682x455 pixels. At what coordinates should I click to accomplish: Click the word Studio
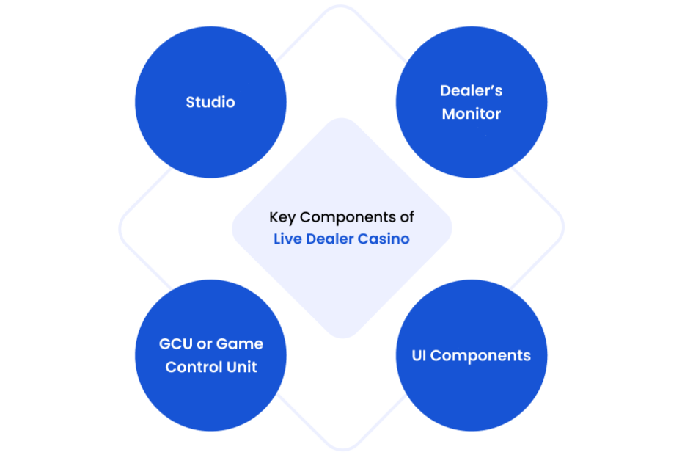click(210, 102)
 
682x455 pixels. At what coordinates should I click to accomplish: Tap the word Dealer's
click(472, 91)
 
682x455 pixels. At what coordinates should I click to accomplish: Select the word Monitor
click(472, 114)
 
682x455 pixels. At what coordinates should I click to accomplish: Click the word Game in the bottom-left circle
click(243, 344)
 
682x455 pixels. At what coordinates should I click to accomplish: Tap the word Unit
click(243, 367)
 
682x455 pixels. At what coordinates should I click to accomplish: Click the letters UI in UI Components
click(419, 356)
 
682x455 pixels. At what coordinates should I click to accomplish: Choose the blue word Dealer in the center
click(330, 239)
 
